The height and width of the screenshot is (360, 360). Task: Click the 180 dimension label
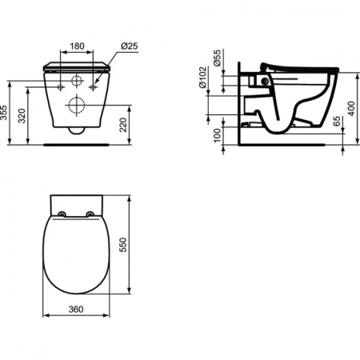[x=77, y=46]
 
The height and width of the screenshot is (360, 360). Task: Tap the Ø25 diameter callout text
[x=130, y=46]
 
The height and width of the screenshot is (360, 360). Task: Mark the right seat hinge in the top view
[x=90, y=213]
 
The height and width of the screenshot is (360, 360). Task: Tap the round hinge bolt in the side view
[x=263, y=82]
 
